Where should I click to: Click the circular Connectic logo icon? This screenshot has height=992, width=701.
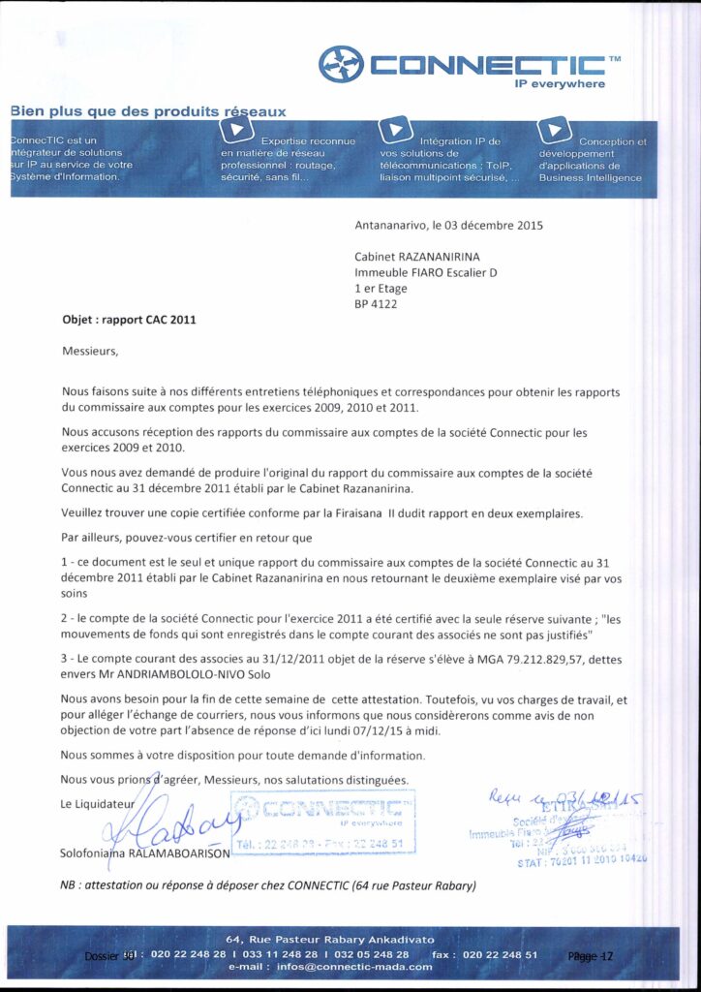tap(341, 65)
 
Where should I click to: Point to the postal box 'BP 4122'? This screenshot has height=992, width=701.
tap(376, 303)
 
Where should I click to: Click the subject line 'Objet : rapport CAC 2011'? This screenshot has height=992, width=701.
tap(129, 320)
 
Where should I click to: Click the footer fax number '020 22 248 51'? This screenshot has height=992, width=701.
tap(500, 954)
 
